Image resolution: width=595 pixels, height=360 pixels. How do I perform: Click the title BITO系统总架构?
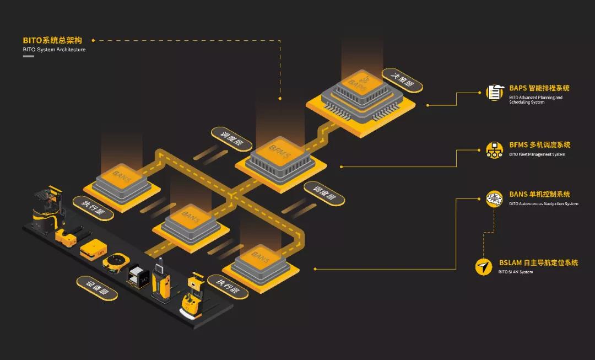(x=52, y=40)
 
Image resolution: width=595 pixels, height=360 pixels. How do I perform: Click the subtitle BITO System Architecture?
(x=54, y=50)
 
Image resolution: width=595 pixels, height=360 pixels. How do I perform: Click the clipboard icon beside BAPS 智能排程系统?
(x=494, y=92)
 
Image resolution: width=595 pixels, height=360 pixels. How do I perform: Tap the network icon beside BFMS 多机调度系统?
(x=494, y=149)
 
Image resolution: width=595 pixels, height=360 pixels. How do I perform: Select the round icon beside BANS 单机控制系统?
(x=494, y=198)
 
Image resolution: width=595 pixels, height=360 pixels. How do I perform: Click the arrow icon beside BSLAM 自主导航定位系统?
(x=483, y=267)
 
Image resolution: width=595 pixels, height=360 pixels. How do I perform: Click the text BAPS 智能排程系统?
(x=539, y=88)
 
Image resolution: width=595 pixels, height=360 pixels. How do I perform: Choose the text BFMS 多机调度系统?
(x=539, y=145)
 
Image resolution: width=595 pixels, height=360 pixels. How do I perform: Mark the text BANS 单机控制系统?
(x=539, y=194)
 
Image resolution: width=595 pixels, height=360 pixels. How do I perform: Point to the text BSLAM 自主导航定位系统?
(x=538, y=263)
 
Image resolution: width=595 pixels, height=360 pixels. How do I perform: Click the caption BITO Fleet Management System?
(x=537, y=154)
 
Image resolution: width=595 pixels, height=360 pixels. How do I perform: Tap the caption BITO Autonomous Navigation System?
(x=543, y=204)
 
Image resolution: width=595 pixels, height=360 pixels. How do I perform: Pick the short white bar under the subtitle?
(x=28, y=56)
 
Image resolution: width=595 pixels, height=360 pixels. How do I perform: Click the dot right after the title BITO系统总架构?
(x=93, y=40)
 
